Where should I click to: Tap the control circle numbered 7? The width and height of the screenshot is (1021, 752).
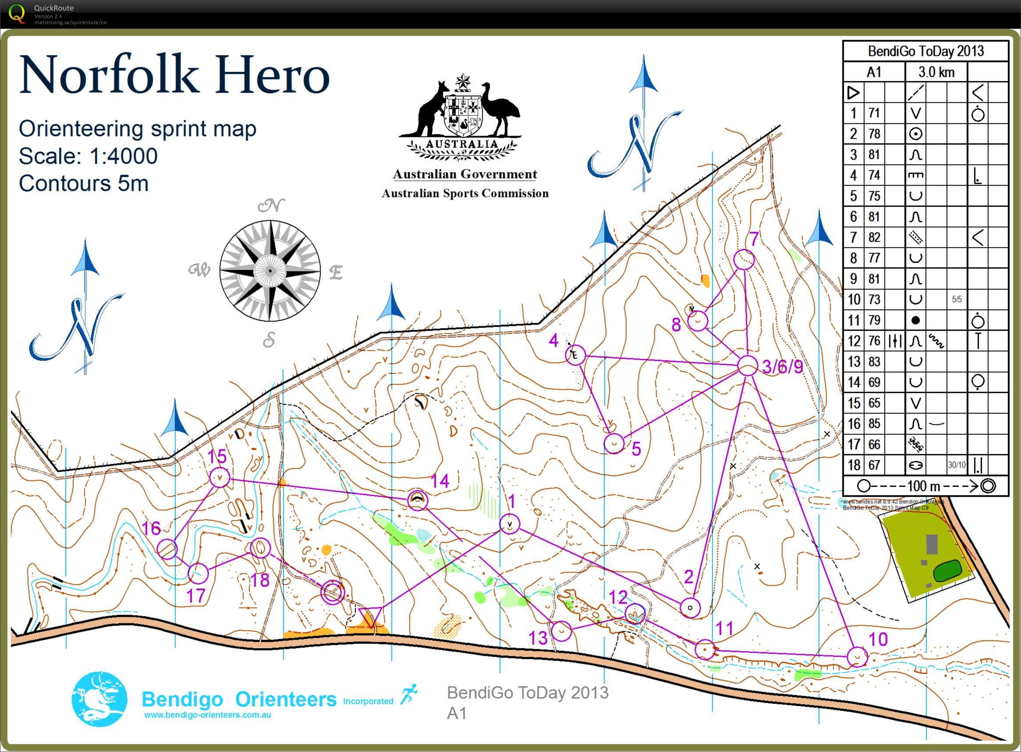pyautogui.click(x=744, y=259)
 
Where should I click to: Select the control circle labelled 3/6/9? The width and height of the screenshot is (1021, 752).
pyautogui.click(x=747, y=366)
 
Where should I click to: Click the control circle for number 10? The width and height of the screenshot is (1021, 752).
pyautogui.click(x=857, y=657)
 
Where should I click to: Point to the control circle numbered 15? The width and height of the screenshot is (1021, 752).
pyautogui.click(x=220, y=478)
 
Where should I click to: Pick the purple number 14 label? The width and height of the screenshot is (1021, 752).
pyautogui.click(x=440, y=481)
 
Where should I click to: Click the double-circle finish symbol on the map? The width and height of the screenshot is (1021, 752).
pyautogui.click(x=333, y=592)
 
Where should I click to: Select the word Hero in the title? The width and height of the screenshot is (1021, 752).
pyautogui.click(x=272, y=75)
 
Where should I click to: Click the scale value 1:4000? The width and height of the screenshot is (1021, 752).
pyautogui.click(x=124, y=156)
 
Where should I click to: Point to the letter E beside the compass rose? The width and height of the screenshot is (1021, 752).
pyautogui.click(x=336, y=273)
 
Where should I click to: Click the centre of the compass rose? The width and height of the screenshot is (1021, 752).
pyautogui.click(x=270, y=271)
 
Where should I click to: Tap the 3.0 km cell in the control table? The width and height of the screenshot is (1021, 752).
pyautogui.click(x=936, y=72)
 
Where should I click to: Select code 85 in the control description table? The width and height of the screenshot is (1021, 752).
pyautogui.click(x=873, y=424)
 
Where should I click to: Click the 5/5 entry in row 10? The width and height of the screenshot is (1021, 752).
pyautogui.click(x=957, y=299)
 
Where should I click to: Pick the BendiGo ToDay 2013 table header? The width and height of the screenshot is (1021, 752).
pyautogui.click(x=925, y=51)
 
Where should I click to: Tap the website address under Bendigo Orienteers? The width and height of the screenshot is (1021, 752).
pyautogui.click(x=208, y=715)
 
